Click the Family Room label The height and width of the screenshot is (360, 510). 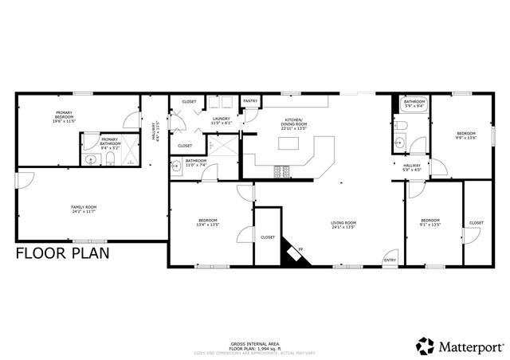pyautogui.click(x=77, y=207)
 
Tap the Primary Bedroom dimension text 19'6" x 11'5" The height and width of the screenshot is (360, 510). pyautogui.click(x=64, y=121)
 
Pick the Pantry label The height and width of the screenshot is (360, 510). pyautogui.click(x=250, y=101)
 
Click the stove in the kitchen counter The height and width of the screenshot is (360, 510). pyautogui.click(x=281, y=170)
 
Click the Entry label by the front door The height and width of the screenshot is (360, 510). pyautogui.click(x=390, y=260)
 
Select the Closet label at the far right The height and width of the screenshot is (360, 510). pyautogui.click(x=476, y=222)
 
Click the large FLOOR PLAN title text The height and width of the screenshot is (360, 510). pyautogui.click(x=63, y=254)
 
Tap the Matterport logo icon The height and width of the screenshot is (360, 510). pyautogui.click(x=424, y=345)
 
